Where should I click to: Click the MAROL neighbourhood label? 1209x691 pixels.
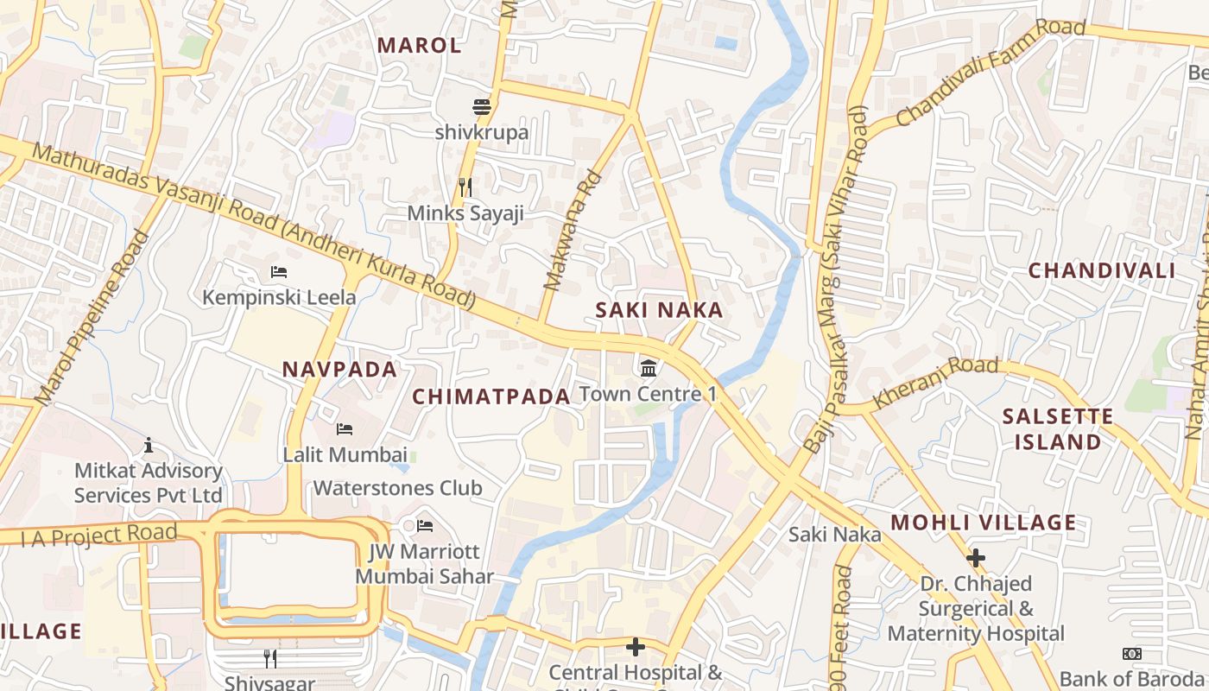(x=420, y=46)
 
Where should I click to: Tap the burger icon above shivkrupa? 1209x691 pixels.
(x=482, y=107)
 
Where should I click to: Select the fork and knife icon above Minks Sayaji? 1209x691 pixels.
(x=465, y=187)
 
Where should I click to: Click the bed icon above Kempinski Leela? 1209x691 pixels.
(x=279, y=272)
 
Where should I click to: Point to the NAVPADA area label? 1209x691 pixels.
(x=339, y=370)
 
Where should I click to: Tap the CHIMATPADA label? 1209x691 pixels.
(x=491, y=396)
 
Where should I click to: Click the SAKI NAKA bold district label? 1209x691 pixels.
(x=659, y=310)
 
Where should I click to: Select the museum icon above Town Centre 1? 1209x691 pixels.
(x=649, y=369)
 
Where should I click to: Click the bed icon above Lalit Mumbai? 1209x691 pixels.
(x=345, y=429)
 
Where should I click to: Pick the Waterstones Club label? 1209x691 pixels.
(x=397, y=488)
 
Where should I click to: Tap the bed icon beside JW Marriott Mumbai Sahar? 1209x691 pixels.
(x=425, y=525)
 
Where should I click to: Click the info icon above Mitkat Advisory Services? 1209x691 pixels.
(x=149, y=445)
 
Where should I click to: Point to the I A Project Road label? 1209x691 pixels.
(x=98, y=535)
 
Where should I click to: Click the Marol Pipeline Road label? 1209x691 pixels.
(x=92, y=318)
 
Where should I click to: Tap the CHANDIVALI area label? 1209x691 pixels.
(x=1101, y=270)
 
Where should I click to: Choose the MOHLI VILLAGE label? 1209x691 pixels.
(x=984, y=523)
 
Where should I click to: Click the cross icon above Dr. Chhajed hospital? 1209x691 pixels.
(x=976, y=558)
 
